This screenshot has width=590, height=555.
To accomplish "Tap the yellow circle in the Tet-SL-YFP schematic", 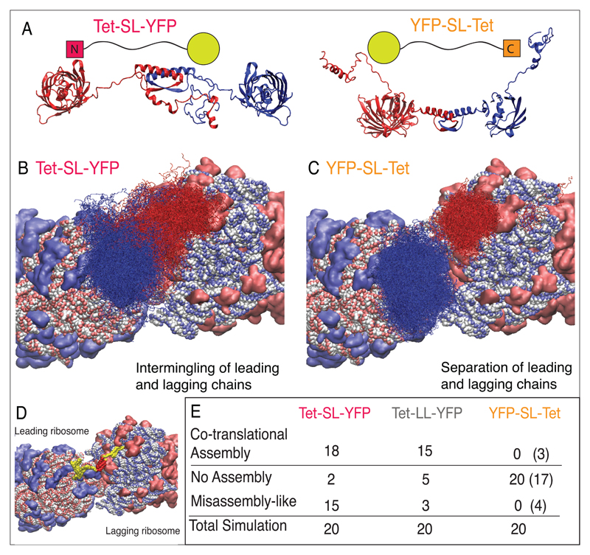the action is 205,48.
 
